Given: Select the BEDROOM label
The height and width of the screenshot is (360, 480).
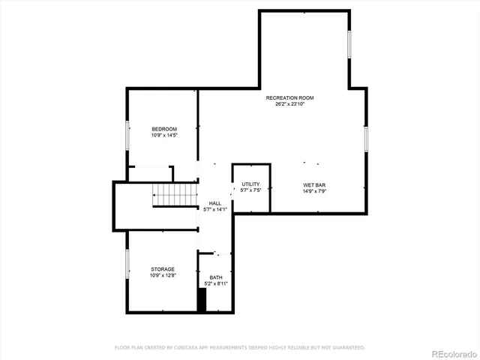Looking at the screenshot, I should point(164,129).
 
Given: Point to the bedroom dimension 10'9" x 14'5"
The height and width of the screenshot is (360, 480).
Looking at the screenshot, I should point(164,135).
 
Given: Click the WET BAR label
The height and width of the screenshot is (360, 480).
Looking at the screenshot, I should point(313,184).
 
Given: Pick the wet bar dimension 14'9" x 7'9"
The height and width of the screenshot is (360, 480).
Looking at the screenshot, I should point(313,190).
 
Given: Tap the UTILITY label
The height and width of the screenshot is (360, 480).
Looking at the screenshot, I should point(250,184).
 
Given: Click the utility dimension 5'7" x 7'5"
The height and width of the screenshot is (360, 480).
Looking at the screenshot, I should point(250,190).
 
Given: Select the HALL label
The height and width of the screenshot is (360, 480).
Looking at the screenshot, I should point(214,203).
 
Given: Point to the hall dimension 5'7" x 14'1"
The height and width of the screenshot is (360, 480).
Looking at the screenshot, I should point(214,209).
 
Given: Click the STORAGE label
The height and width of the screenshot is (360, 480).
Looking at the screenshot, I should point(163,269).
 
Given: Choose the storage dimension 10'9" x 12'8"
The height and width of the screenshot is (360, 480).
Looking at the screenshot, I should point(163,275).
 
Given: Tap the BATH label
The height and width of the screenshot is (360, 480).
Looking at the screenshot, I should point(216,277).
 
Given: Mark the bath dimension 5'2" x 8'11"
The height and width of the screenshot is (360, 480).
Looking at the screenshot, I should point(216,283).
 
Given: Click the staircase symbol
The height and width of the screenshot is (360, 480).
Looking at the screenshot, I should point(175,195).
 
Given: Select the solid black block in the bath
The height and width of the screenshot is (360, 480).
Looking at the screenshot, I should point(201,299).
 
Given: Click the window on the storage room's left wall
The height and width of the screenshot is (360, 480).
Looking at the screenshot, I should point(127,264).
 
